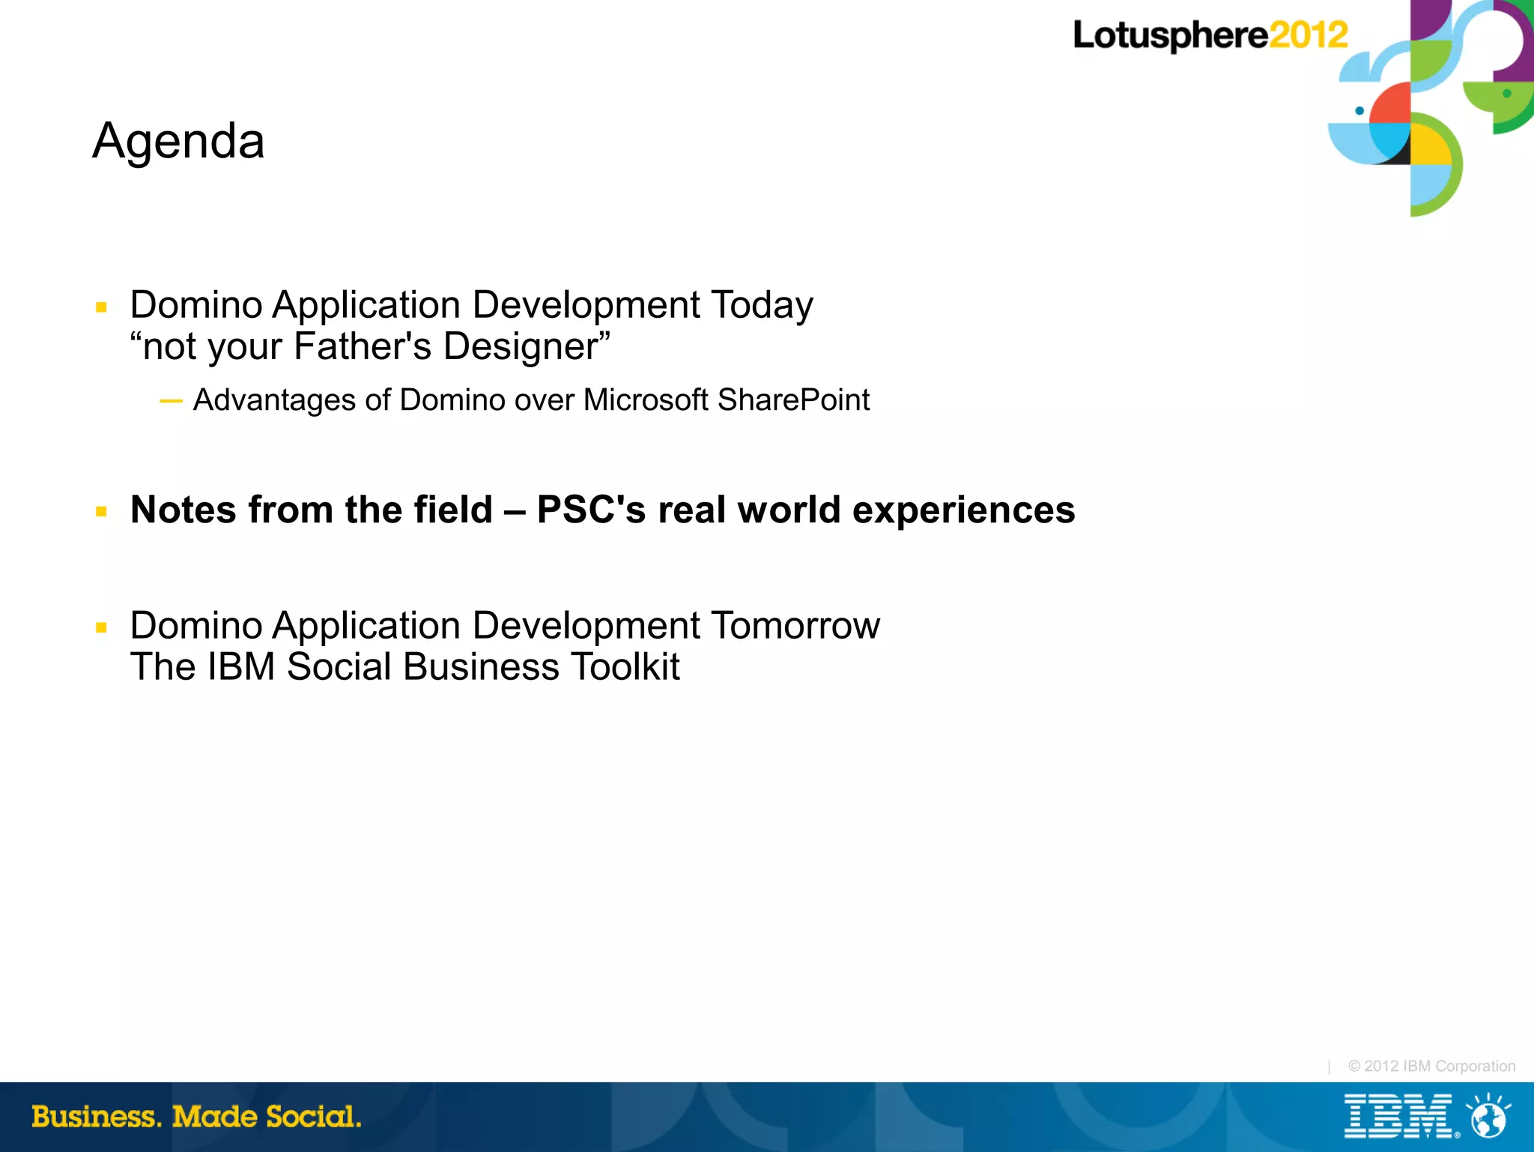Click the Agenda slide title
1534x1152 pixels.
pos(178,141)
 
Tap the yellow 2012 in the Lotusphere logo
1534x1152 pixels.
pos(1308,35)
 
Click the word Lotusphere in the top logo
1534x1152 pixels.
pos(1170,36)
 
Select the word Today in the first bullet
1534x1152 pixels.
pos(761,305)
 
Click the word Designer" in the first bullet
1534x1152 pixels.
pos(527,346)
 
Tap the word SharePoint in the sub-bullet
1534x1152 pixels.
pos(793,399)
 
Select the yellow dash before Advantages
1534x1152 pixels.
pos(171,401)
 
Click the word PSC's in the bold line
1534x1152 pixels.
pos(591,510)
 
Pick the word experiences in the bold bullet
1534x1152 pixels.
pos(963,510)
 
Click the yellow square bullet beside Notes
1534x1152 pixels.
pos(101,512)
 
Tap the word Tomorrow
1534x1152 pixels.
pos(795,625)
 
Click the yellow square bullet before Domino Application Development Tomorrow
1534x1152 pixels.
pos(101,627)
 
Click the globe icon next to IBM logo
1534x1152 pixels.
pos(1488,1117)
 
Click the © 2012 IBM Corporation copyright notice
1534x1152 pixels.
pos(1431,1066)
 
